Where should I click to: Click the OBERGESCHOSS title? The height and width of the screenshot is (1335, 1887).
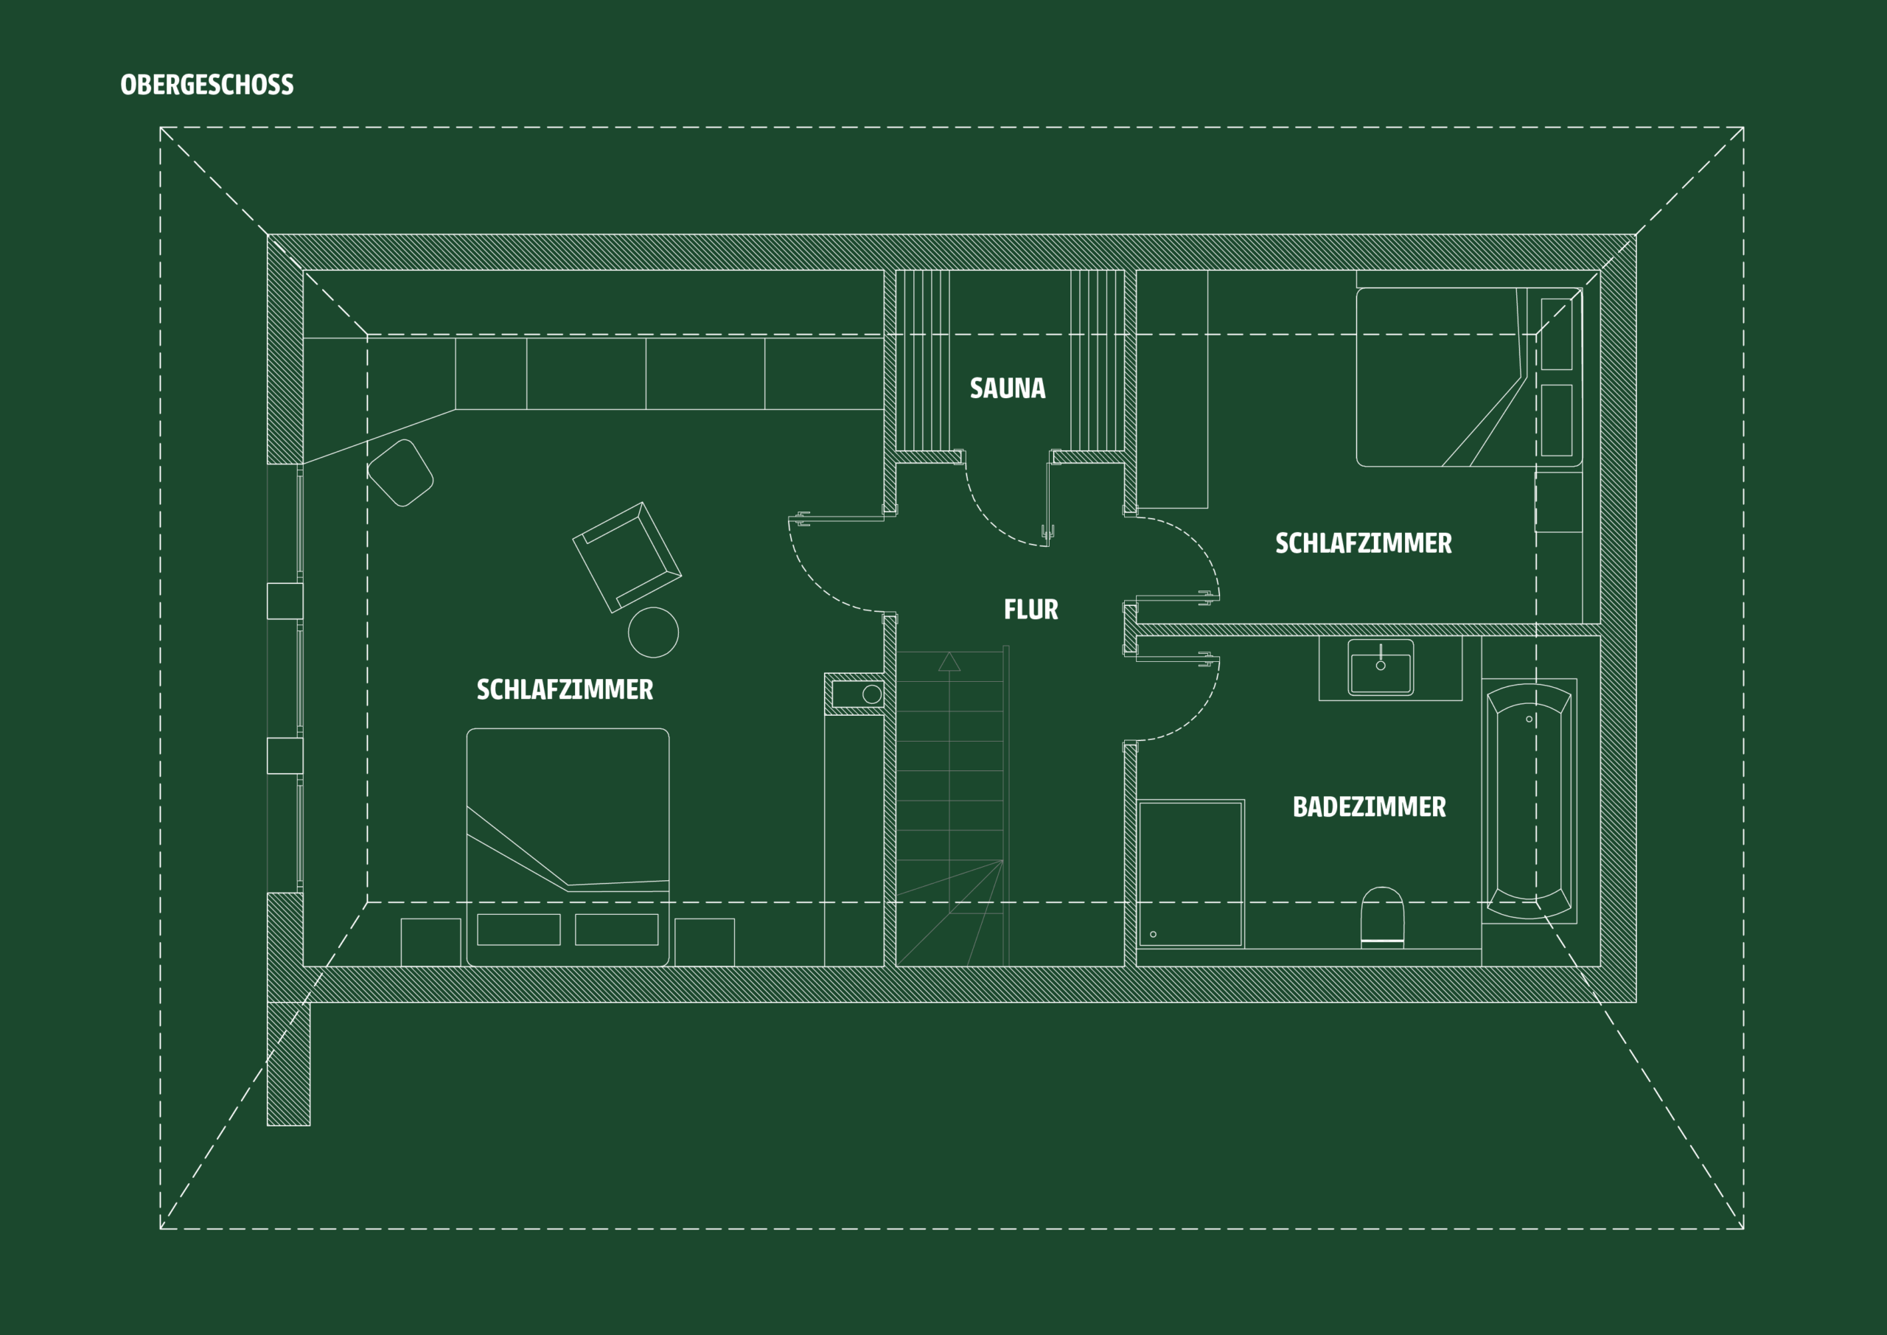point(207,85)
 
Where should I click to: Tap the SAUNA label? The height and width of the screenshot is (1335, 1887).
point(1008,388)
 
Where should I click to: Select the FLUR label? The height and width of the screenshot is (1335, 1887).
point(1030,609)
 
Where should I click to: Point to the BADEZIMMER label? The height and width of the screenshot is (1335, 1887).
point(1370,806)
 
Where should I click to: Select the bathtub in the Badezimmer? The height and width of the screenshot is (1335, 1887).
point(1529,801)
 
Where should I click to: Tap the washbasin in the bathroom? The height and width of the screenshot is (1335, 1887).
point(1381,668)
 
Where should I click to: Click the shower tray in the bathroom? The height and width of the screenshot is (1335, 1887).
point(1190,874)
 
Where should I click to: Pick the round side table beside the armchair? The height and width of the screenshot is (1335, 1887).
point(653,632)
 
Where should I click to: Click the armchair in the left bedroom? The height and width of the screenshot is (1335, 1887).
point(627,557)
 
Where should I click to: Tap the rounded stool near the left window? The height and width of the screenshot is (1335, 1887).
point(400,473)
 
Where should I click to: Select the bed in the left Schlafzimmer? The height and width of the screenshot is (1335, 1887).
point(568,847)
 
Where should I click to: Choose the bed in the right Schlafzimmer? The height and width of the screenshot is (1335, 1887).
point(1468,377)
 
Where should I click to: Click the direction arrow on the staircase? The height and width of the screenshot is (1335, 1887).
point(949,661)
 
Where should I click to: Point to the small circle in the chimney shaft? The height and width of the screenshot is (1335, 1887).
point(872,694)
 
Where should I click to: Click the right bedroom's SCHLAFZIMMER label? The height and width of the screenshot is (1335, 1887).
point(1364,543)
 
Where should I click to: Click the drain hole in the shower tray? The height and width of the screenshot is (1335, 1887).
point(1153,934)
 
